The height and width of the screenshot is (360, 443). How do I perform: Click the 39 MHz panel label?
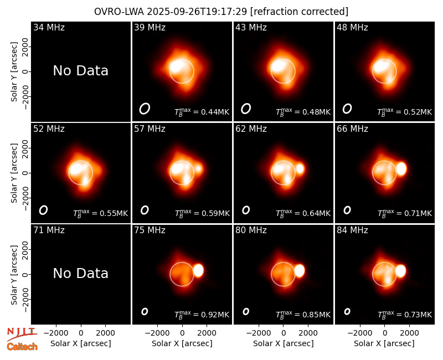pyautogui.click(x=150, y=27)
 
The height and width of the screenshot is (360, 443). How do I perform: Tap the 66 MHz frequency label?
pyautogui.click(x=352, y=129)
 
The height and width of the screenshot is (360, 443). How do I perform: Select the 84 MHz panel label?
pyautogui.click(x=352, y=230)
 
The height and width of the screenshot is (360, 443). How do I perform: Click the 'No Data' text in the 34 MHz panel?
pyautogui.click(x=80, y=71)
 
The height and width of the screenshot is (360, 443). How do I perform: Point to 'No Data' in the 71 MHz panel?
pyautogui.click(x=80, y=274)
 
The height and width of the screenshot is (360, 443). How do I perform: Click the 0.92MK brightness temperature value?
pyautogui.click(x=215, y=315)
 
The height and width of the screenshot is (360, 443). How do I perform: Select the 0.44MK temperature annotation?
pyautogui.click(x=215, y=112)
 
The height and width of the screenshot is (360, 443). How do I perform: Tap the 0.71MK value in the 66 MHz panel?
pyautogui.click(x=418, y=213)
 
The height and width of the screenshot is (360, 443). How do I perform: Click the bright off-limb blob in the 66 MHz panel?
pyautogui.click(x=401, y=169)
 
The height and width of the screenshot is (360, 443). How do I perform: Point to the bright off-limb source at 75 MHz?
pyautogui.click(x=198, y=270)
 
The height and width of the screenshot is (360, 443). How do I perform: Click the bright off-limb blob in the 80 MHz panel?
pyautogui.click(x=300, y=270)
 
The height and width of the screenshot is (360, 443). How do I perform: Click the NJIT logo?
pyautogui.click(x=22, y=333)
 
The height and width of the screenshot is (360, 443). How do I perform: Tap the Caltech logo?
pyautogui.click(x=22, y=347)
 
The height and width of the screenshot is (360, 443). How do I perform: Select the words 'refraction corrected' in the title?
pyautogui.click(x=299, y=12)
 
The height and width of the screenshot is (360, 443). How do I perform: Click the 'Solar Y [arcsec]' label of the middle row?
pyautogui.click(x=14, y=173)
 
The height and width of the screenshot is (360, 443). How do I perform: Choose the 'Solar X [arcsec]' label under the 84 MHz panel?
pyautogui.click(x=384, y=343)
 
